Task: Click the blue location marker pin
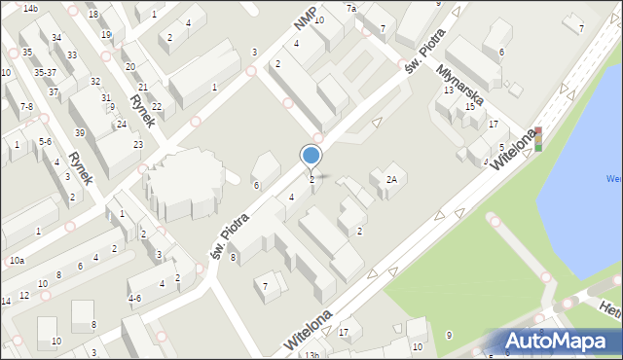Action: pyautogui.click(x=311, y=157)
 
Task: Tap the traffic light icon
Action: pyautogui.click(x=536, y=139)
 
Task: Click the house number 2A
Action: pyautogui.click(x=391, y=179)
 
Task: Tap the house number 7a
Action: pyautogui.click(x=352, y=8)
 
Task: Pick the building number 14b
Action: pyautogui.click(x=30, y=8)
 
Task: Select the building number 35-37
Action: pyautogui.click(x=45, y=72)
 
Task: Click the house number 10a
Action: pyautogui.click(x=17, y=260)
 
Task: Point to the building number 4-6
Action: pyautogui.click(x=134, y=299)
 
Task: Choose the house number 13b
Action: pyautogui.click(x=311, y=355)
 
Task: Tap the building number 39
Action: pyautogui.click(x=79, y=132)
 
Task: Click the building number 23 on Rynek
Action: pyautogui.click(x=138, y=145)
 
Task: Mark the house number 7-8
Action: pyautogui.click(x=26, y=106)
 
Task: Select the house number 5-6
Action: pyautogui.click(x=45, y=142)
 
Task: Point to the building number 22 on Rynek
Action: pyautogui.click(x=156, y=106)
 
